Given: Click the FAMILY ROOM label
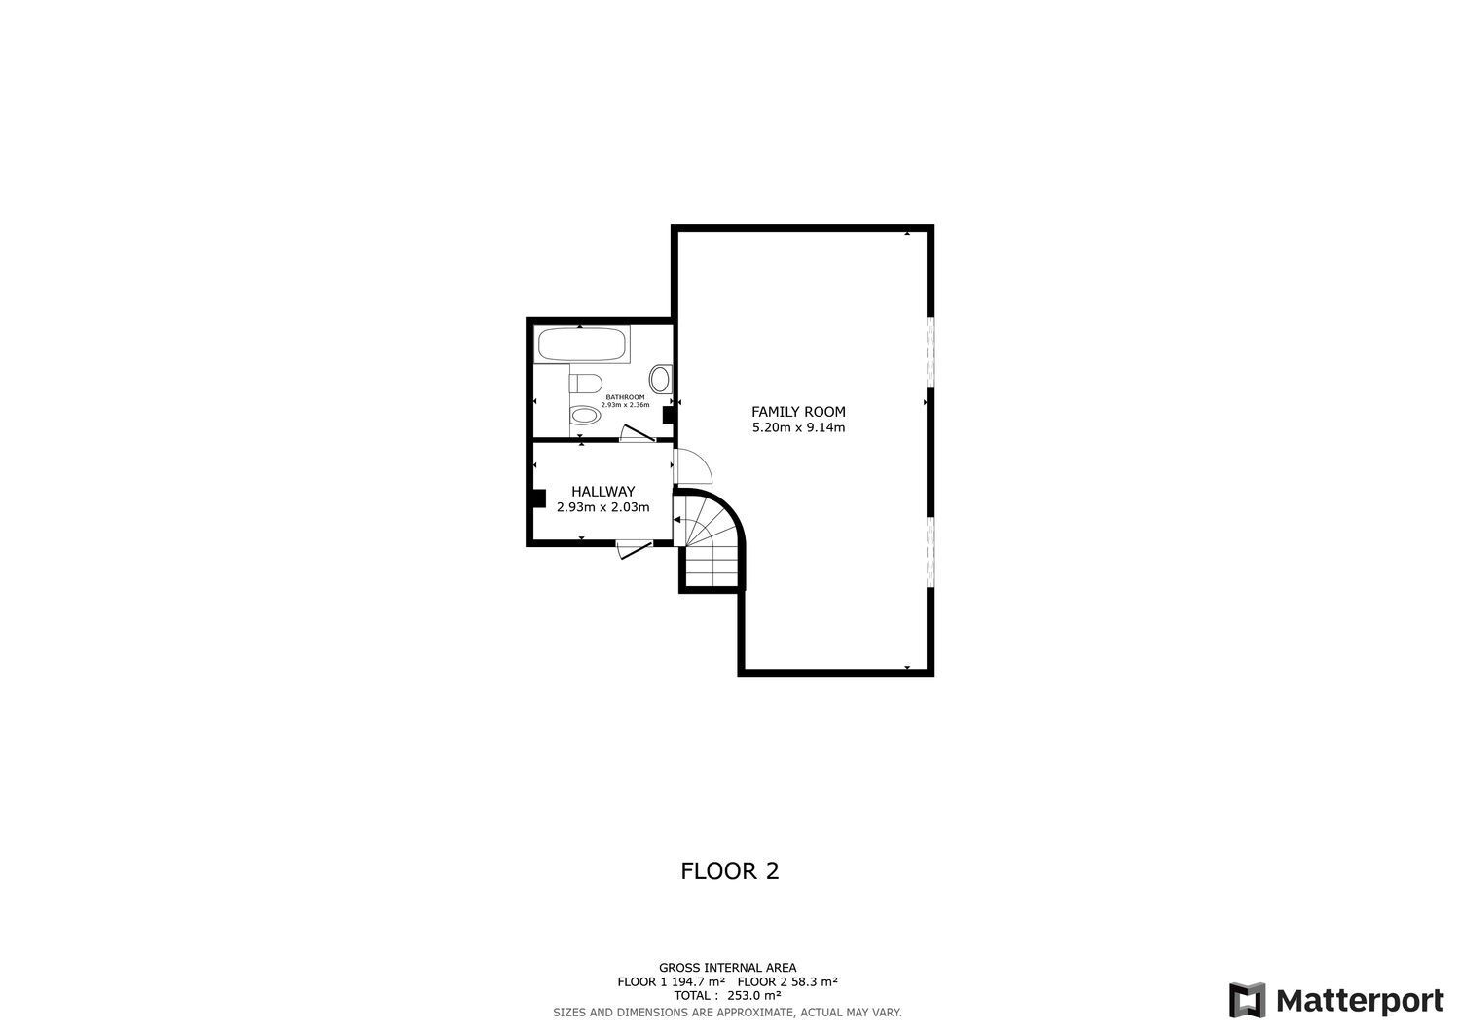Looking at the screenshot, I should click(798, 412).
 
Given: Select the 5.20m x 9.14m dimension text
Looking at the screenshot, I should click(798, 427).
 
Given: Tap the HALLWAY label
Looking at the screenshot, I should click(602, 492).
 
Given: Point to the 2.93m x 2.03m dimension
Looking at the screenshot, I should click(602, 507).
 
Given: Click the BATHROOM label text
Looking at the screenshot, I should click(625, 397).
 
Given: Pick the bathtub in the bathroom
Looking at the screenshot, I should click(582, 345).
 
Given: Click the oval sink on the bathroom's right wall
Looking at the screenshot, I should click(660, 378).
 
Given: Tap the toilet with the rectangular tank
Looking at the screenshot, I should click(586, 382).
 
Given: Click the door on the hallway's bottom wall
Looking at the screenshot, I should click(635, 550).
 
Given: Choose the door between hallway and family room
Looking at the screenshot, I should click(693, 467).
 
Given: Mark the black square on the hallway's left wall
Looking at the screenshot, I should click(538, 498).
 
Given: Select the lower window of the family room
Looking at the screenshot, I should click(930, 552).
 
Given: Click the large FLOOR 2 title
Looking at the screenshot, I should click(729, 870).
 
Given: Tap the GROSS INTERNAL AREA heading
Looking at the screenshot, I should click(727, 968).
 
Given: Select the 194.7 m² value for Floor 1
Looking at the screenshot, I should click(697, 981).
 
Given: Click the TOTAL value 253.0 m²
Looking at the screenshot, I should click(754, 995).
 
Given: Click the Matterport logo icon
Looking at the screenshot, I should click(1247, 1001).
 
